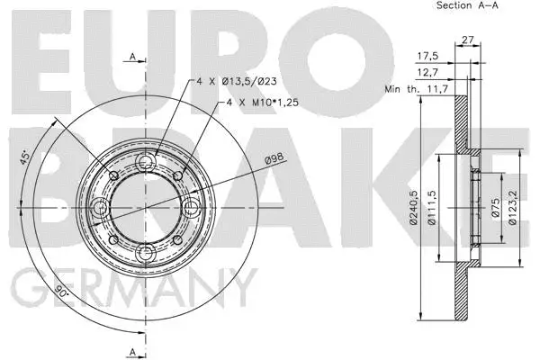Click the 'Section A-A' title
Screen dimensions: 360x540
click(x=467, y=5)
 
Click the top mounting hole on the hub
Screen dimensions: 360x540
click(x=145, y=164)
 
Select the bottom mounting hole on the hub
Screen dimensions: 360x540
click(x=145, y=252)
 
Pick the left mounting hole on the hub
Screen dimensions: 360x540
click(x=101, y=208)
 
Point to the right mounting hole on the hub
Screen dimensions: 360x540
click(x=190, y=208)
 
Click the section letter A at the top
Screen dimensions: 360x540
click(x=132, y=58)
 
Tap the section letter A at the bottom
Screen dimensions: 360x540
click(x=132, y=349)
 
